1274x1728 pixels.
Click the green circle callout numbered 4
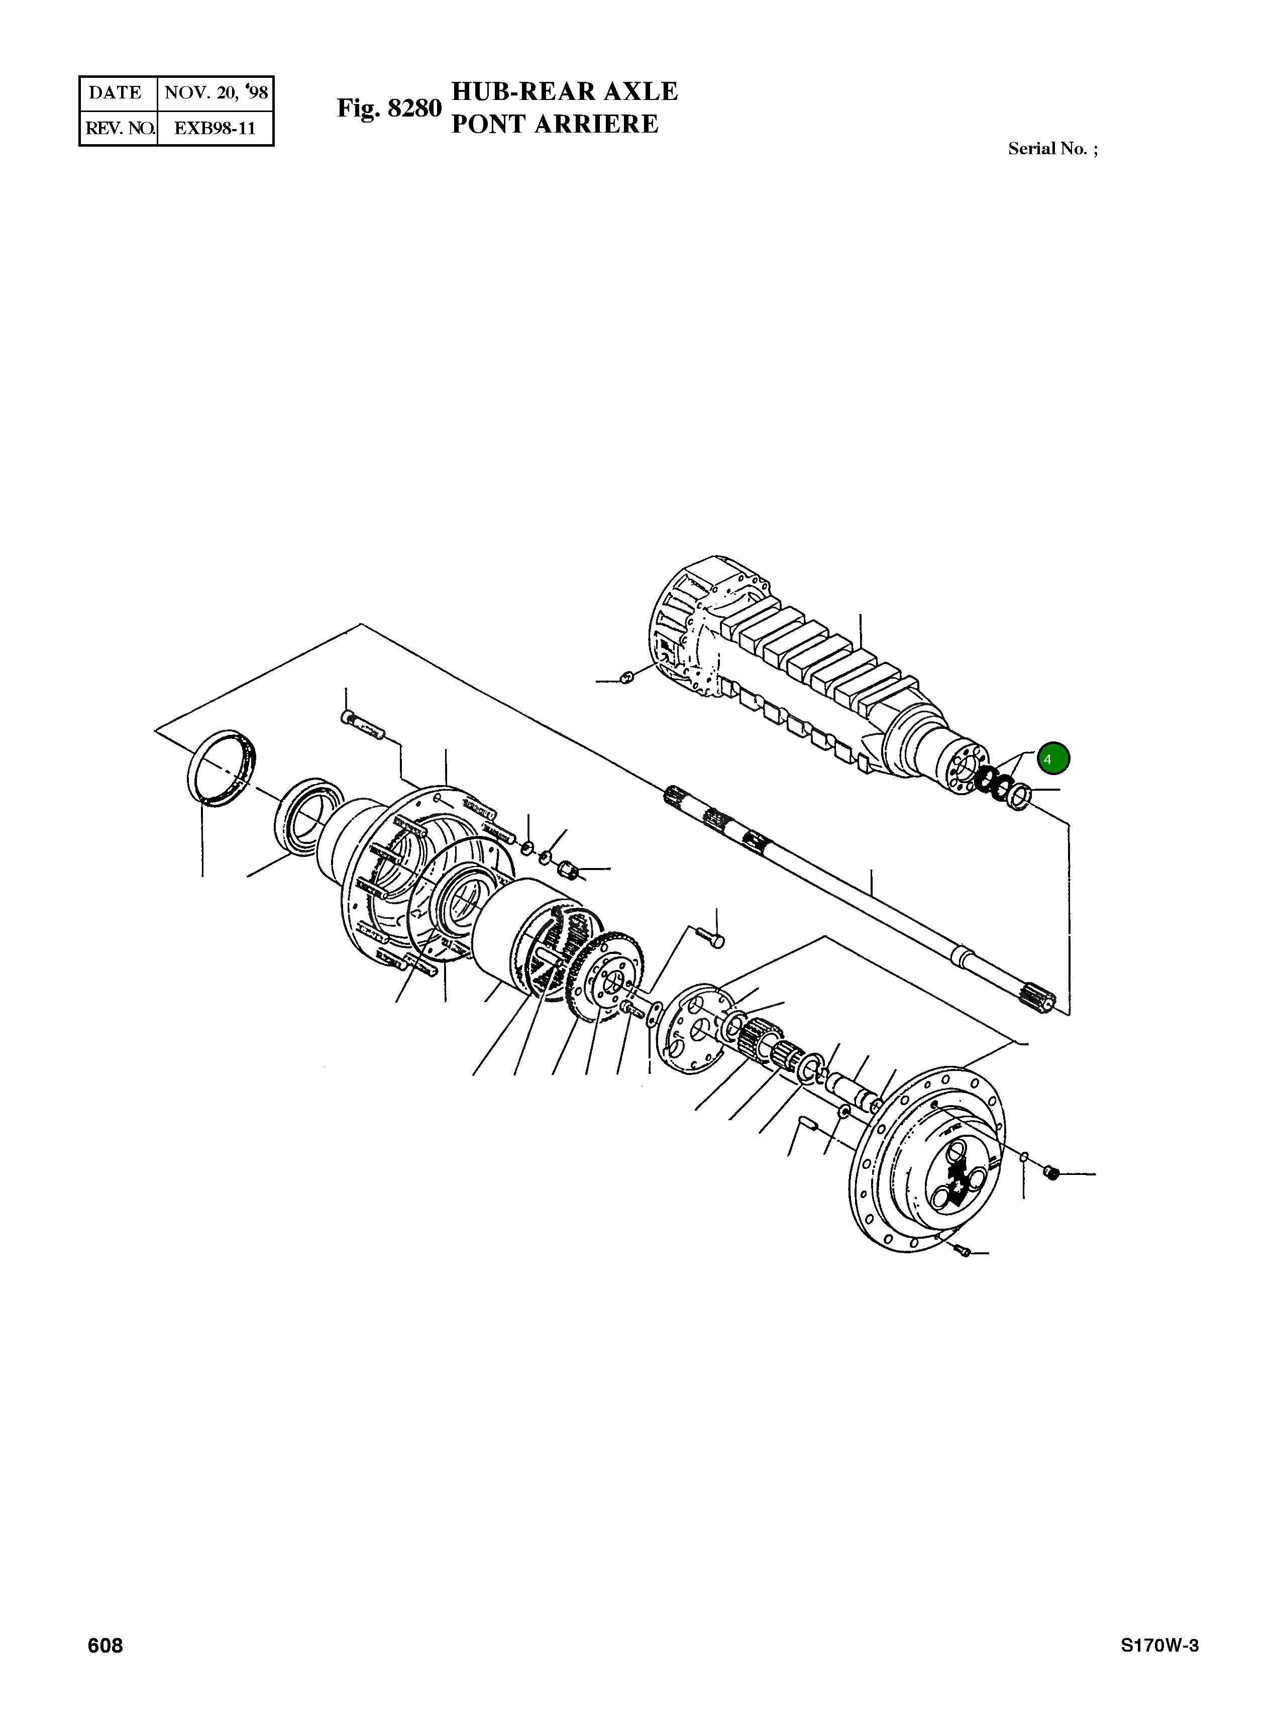[1052, 759]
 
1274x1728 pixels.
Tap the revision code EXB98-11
[215, 128]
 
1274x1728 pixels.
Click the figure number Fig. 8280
[389, 109]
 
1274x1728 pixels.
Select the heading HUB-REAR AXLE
[564, 92]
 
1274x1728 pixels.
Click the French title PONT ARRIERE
[555, 124]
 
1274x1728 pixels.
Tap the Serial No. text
[1052, 149]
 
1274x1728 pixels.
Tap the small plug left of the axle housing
[626, 678]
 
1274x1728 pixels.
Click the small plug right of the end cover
[1049, 1173]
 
